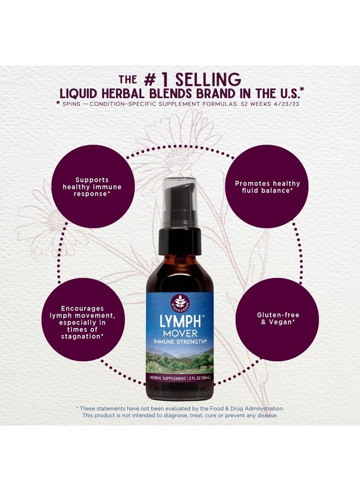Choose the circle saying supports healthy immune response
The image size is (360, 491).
pos(93,187)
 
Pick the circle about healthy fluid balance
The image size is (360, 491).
pos(268,187)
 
